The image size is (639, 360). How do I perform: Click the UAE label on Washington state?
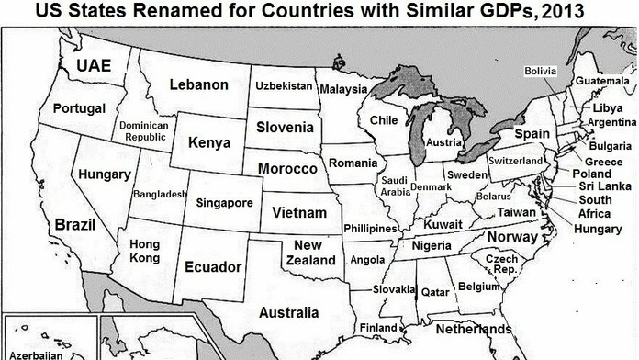[94, 66]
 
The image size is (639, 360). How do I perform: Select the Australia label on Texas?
[288, 313]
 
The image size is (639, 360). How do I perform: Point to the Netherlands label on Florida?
[474, 329]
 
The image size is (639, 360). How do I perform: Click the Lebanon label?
[198, 85]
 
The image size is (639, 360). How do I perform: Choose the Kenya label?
[208, 142]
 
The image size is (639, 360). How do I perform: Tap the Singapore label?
[224, 203]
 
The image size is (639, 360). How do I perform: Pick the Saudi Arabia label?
[395, 186]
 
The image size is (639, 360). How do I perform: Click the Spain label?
[531, 134]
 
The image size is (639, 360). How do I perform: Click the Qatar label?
[433, 291]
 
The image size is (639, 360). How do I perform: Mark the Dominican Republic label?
[144, 130]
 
